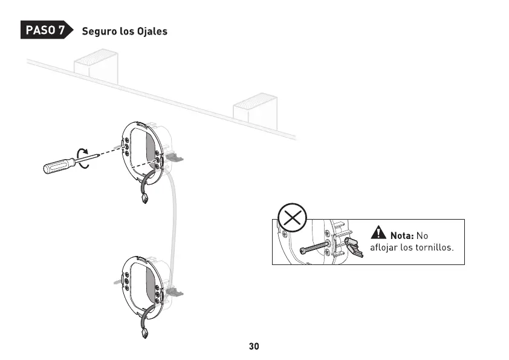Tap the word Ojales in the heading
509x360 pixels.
(151, 31)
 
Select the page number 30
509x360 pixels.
(254, 347)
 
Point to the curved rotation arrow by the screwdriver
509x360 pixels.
(84, 159)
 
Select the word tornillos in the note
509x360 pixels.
(435, 248)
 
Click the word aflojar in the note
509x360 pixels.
(384, 248)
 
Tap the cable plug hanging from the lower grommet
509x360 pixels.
(144, 332)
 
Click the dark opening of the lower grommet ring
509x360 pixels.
(150, 284)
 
